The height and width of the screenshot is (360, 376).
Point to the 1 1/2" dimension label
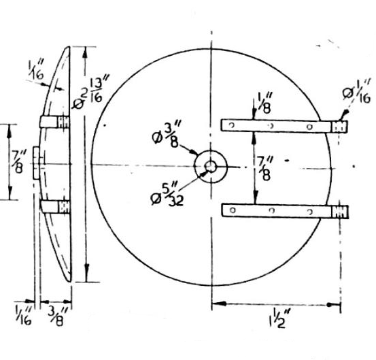point(279,318)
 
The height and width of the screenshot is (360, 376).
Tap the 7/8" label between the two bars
point(264,168)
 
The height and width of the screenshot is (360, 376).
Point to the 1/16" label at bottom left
point(24,314)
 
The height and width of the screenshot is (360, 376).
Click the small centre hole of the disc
point(211,167)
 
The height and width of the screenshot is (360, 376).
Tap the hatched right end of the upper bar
point(339,127)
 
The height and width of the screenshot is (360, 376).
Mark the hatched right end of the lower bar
point(340,212)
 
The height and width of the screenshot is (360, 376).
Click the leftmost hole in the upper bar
point(232,125)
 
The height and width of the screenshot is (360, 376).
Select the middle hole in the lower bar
point(271,210)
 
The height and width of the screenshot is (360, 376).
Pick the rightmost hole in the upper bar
point(309,127)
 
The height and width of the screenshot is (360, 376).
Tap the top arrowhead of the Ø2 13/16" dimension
point(84,53)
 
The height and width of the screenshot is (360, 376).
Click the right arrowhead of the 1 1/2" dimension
point(334,305)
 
